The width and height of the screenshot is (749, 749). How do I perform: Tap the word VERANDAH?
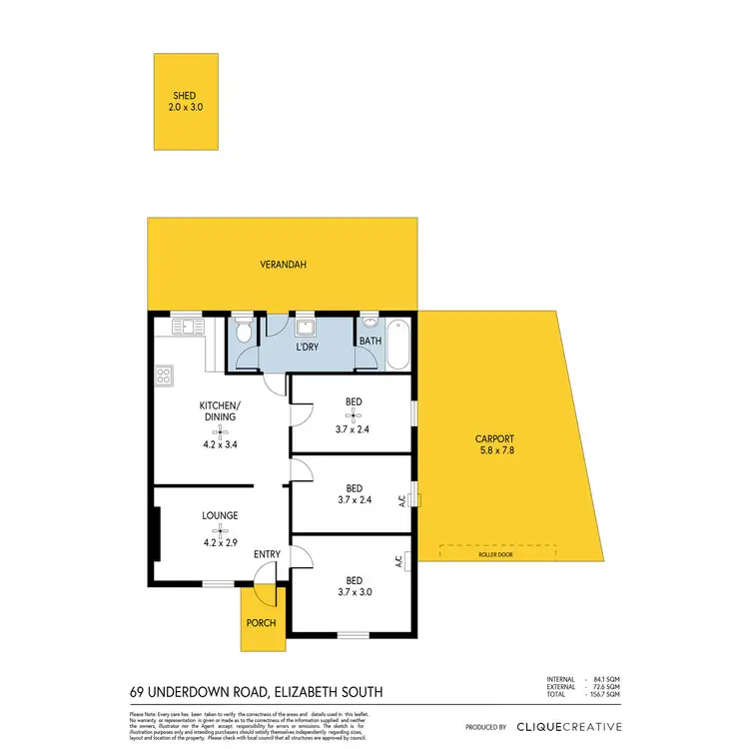coord(283,265)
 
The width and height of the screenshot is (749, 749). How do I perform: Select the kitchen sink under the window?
coord(187,327)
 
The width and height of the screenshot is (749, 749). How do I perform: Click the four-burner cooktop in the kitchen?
coord(164,376)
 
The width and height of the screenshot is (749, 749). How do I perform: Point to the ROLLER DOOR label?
coord(496,554)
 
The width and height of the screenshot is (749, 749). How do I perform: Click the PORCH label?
coord(262,624)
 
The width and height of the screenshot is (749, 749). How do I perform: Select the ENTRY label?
coord(267,555)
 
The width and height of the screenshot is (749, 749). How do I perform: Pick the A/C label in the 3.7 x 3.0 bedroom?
coord(397,562)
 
